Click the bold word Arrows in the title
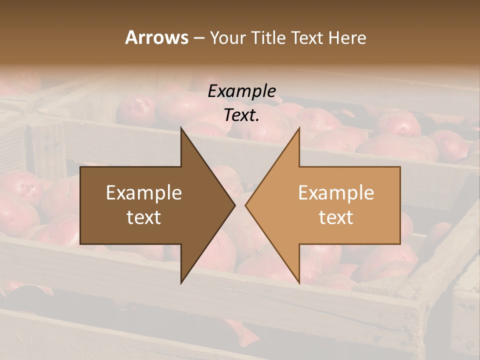[x=156, y=37]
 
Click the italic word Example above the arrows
[x=241, y=91]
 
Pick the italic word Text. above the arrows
[x=241, y=115]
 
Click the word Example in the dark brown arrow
[x=143, y=192]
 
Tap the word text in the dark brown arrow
[x=143, y=217]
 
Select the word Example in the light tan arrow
[x=336, y=192]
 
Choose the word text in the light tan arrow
[x=336, y=217]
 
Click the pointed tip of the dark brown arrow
[x=235, y=205]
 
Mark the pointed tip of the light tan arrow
[x=245, y=205]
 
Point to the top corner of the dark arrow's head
[x=181, y=128]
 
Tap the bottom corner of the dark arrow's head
[x=181, y=283]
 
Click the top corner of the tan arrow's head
[x=299, y=128]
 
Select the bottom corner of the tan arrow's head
[x=299, y=283]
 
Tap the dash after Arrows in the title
[x=198, y=38]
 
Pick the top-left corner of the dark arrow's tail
[x=80, y=167]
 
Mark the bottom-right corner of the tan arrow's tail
[x=400, y=244]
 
